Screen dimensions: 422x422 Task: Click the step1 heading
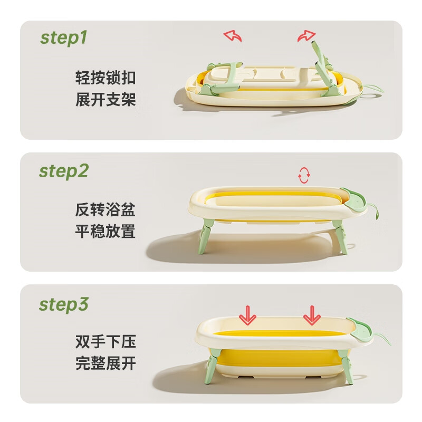64,38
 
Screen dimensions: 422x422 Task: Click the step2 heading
64,171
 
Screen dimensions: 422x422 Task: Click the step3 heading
64,305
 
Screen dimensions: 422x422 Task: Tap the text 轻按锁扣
105,78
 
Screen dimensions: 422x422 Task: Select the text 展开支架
105,100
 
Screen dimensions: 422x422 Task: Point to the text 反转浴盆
105,210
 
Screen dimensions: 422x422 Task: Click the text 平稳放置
105,232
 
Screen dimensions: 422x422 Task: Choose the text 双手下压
105,342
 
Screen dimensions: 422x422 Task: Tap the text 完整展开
105,364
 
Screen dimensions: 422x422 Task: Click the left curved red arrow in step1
233,36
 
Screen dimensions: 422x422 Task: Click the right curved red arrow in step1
305,36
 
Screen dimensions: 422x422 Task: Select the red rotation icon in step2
304,176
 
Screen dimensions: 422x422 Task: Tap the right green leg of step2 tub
340,237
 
